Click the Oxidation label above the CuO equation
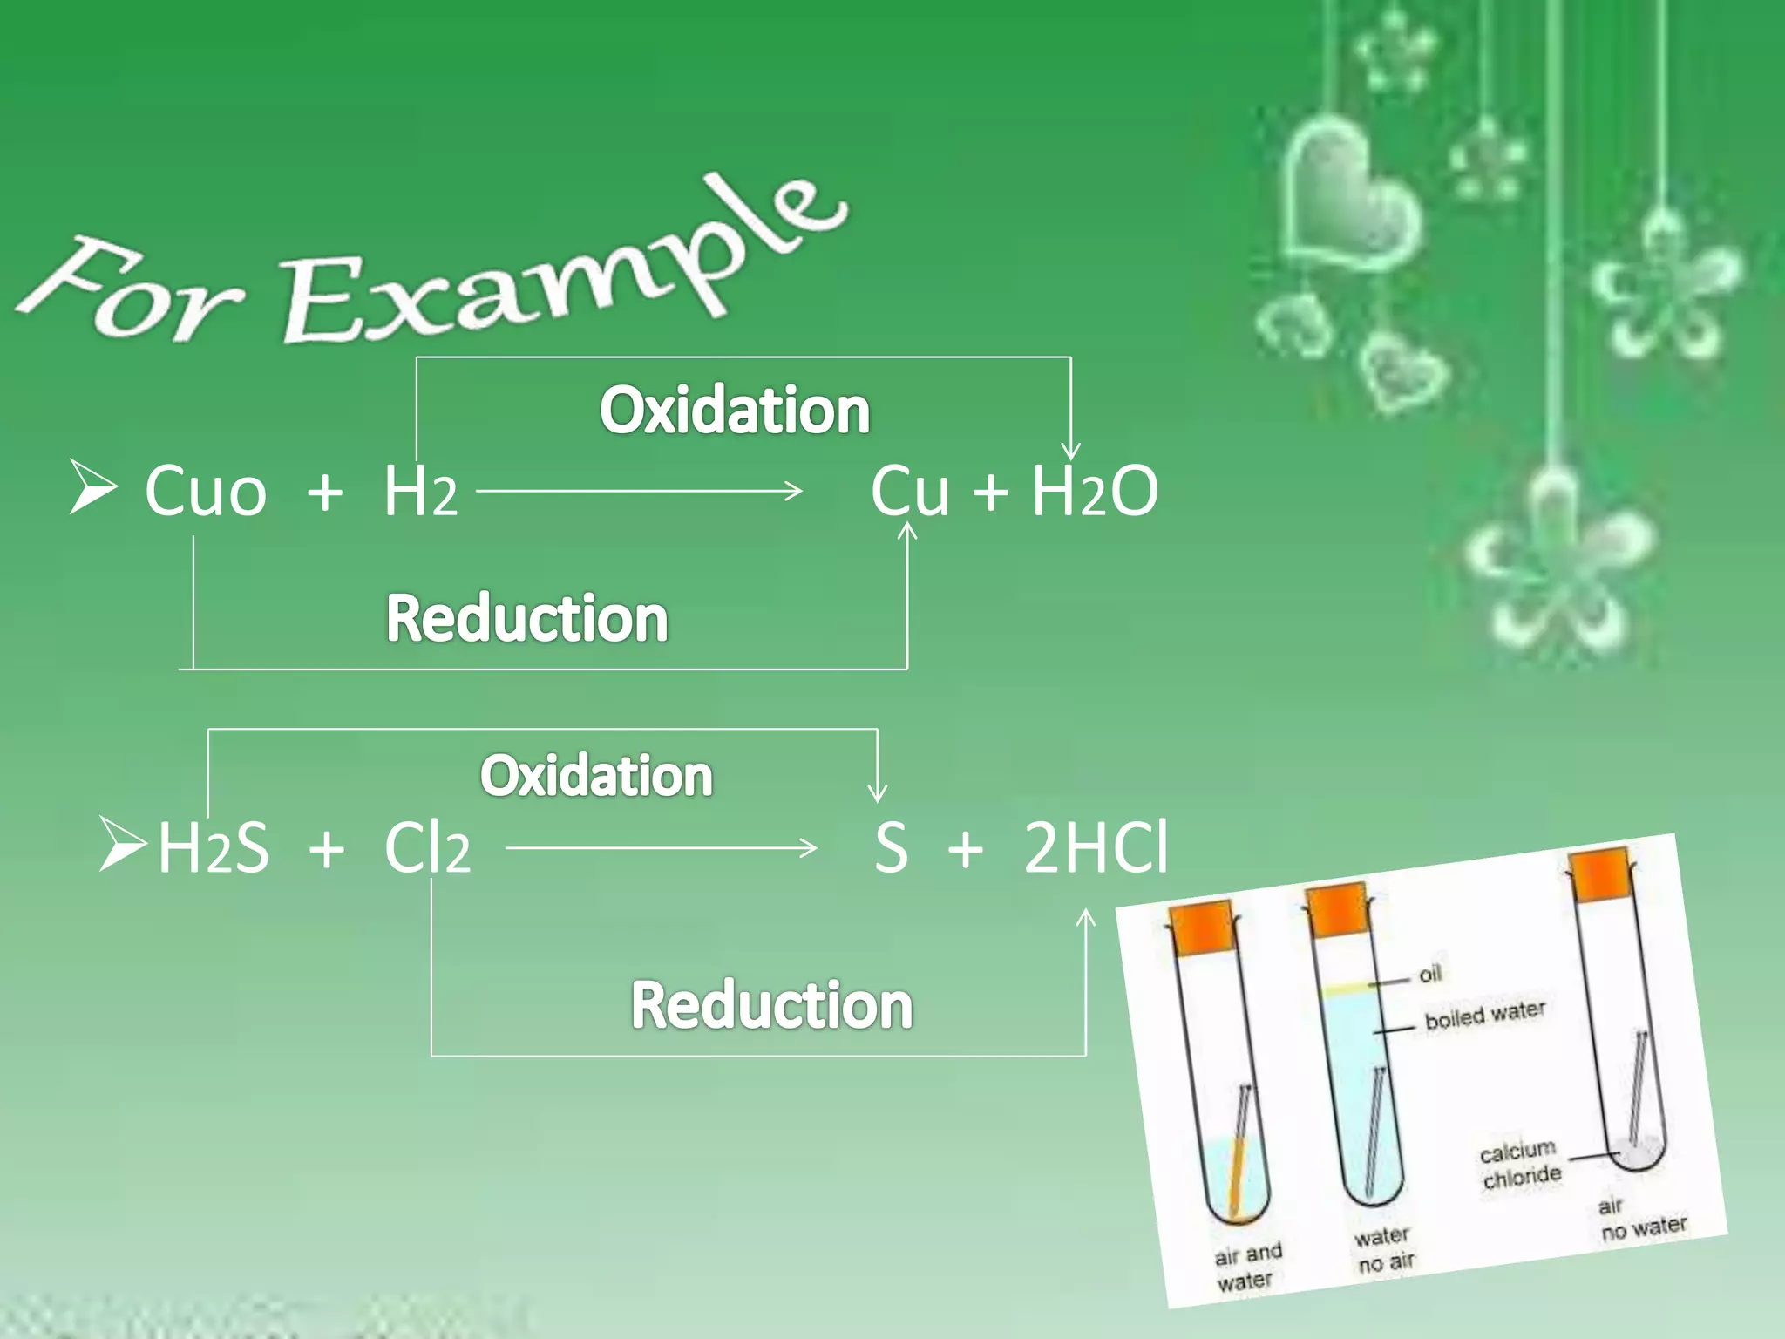(x=734, y=410)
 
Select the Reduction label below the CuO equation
(x=526, y=618)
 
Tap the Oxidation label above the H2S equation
(x=596, y=775)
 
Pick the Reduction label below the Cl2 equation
(x=771, y=1005)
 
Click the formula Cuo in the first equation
(x=206, y=492)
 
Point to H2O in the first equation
(x=1095, y=492)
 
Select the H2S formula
(x=214, y=847)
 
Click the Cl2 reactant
(x=427, y=847)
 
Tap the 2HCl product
(x=1096, y=847)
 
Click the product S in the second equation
(x=891, y=847)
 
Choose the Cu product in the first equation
(x=910, y=492)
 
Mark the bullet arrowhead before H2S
(x=121, y=844)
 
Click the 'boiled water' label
(x=1485, y=1014)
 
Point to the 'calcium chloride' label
(x=1521, y=1165)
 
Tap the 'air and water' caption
(x=1247, y=1267)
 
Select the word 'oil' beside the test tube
(x=1430, y=974)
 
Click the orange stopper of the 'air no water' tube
(x=1600, y=874)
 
